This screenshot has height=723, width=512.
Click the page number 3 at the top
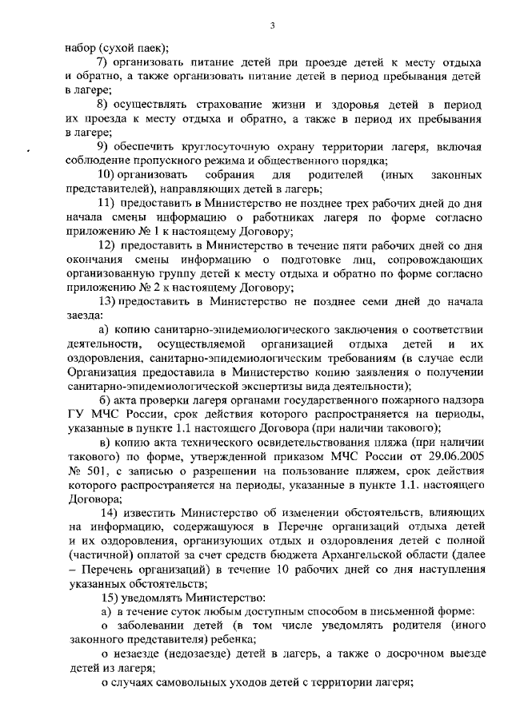pyautogui.click(x=271, y=26)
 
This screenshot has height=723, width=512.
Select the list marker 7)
pyautogui.click(x=102, y=62)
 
